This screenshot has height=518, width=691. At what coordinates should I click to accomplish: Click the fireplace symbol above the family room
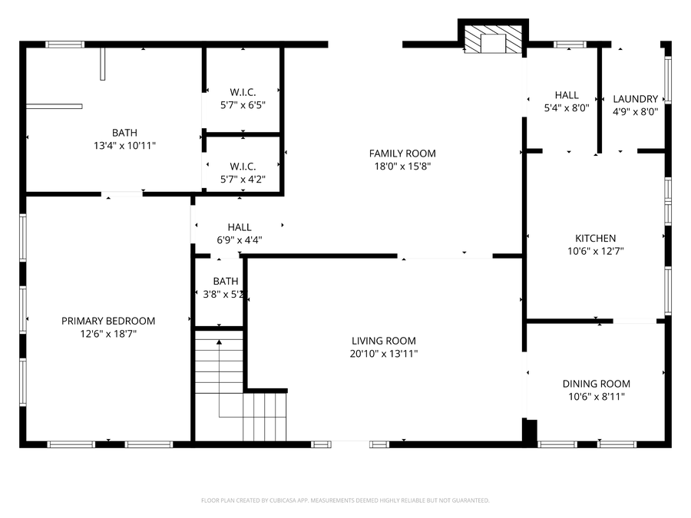tap(493, 41)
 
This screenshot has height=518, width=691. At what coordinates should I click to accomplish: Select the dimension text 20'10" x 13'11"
tap(384, 354)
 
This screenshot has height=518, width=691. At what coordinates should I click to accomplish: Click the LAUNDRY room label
tap(635, 99)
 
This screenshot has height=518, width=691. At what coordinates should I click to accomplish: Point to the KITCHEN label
tap(596, 239)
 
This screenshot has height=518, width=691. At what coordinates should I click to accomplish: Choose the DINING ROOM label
tap(596, 384)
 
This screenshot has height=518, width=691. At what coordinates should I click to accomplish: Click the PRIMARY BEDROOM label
tap(108, 321)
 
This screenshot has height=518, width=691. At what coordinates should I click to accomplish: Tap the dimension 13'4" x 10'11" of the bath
tap(124, 145)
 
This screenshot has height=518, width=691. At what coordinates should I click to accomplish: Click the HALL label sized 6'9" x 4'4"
tap(239, 227)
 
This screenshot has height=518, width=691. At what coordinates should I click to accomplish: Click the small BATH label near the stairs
tap(226, 282)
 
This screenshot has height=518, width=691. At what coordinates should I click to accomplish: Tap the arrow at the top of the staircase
tap(219, 341)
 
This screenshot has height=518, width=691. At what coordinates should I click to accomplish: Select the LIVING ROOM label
tap(384, 341)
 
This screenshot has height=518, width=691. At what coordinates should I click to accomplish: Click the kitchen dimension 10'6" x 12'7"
tap(596, 251)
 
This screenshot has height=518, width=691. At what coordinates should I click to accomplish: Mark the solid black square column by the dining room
tap(530, 431)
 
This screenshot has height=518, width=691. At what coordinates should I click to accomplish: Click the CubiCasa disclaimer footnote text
tap(345, 500)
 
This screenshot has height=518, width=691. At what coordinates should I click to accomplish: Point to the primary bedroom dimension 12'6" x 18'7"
tap(108, 334)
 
